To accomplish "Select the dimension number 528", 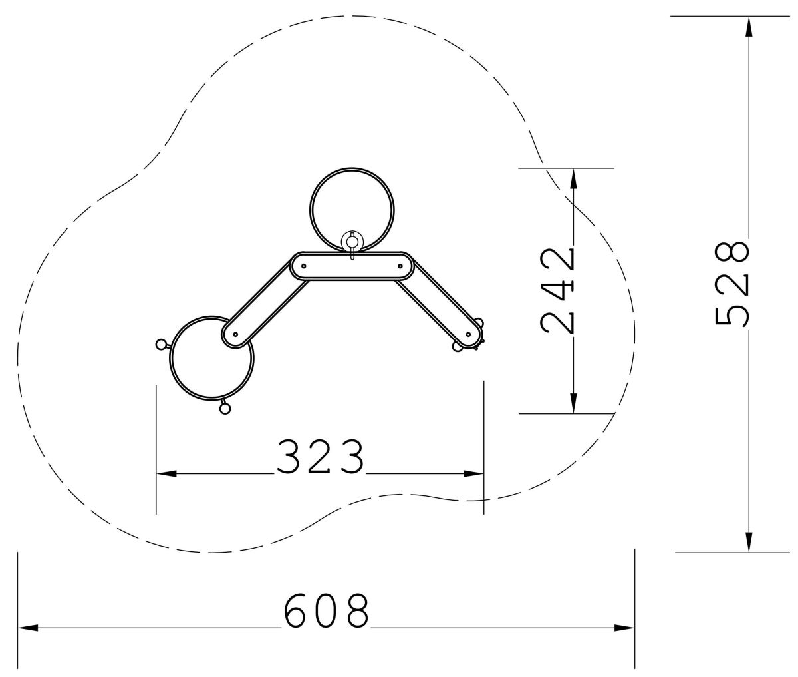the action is click(x=732, y=284).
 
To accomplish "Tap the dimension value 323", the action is click(x=321, y=456).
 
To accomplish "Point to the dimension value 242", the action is click(x=557, y=291).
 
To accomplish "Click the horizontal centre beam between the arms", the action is click(x=352, y=266).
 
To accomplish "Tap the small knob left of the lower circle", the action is click(x=160, y=343).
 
